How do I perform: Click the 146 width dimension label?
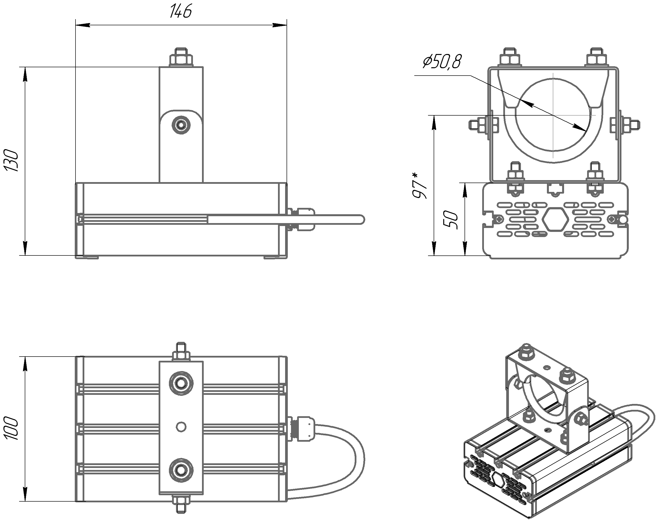[180, 12]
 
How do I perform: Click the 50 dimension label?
[451, 219]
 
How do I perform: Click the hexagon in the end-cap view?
[556, 219]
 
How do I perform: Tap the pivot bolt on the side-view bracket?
[181, 124]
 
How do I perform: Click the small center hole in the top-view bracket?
[181, 427]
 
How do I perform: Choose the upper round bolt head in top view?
[181, 383]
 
